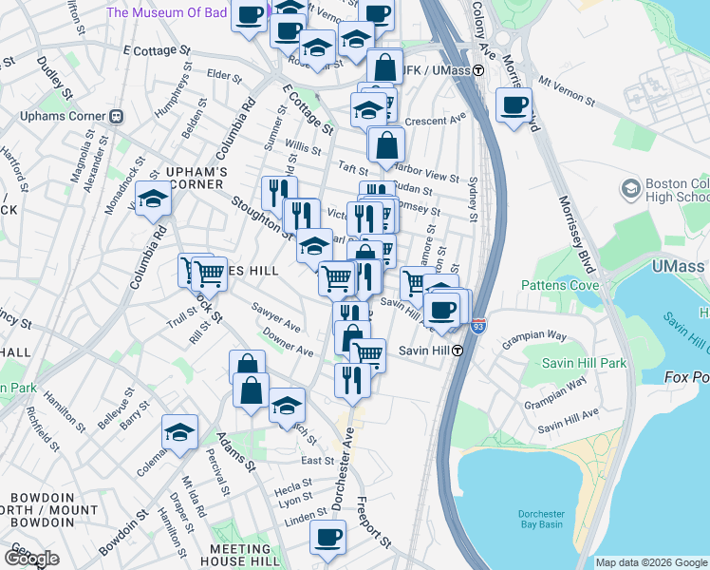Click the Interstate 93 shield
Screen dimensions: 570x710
tap(478, 325)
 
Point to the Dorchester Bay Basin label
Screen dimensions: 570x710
tap(542, 520)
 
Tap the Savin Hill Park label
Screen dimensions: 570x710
tap(584, 363)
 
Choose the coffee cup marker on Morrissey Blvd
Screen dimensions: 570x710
tap(514, 104)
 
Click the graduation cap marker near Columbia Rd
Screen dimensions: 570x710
tap(151, 199)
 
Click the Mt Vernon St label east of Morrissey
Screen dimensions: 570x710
tap(566, 91)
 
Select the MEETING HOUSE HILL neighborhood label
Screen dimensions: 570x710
tap(240, 556)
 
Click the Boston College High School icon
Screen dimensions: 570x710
tap(630, 190)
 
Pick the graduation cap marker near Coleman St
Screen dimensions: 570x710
tap(179, 432)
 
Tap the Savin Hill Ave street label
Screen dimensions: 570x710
tap(568, 413)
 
